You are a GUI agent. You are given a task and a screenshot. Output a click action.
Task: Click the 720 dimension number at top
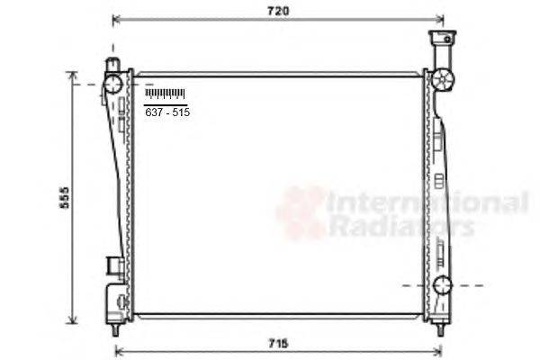[278, 11]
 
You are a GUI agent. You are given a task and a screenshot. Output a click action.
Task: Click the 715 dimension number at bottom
[278, 343]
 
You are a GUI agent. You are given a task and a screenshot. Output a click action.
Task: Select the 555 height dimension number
[65, 198]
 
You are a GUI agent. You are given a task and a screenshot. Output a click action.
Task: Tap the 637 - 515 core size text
[167, 112]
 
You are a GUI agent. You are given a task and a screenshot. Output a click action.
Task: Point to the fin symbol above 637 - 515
[166, 94]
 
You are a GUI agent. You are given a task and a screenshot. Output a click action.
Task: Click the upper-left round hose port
[113, 84]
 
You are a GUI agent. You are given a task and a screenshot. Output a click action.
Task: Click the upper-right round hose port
[443, 80]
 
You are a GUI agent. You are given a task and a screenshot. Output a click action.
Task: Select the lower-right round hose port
[442, 285]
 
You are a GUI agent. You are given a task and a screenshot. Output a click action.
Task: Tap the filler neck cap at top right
[442, 37]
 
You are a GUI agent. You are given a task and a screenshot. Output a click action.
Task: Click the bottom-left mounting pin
[115, 330]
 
